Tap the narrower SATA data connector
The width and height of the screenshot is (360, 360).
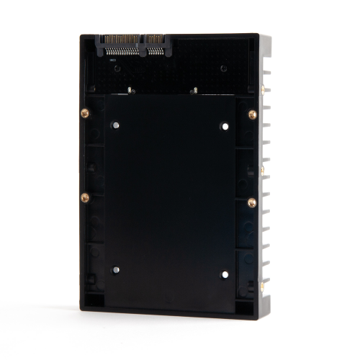point(156,43)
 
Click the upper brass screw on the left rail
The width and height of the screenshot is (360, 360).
point(85,113)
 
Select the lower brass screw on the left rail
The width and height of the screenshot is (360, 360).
point(85,197)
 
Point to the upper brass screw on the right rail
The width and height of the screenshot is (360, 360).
point(252,114)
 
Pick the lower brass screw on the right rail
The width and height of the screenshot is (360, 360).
point(251,202)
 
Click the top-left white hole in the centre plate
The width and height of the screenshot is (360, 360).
point(115,125)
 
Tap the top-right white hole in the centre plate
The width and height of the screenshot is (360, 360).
point(225,127)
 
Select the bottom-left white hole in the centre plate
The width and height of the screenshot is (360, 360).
point(115,270)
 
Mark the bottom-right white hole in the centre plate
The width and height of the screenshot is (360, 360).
point(224,274)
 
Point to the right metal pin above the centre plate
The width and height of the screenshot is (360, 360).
point(194,91)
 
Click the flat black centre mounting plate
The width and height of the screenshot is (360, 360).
point(170,202)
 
